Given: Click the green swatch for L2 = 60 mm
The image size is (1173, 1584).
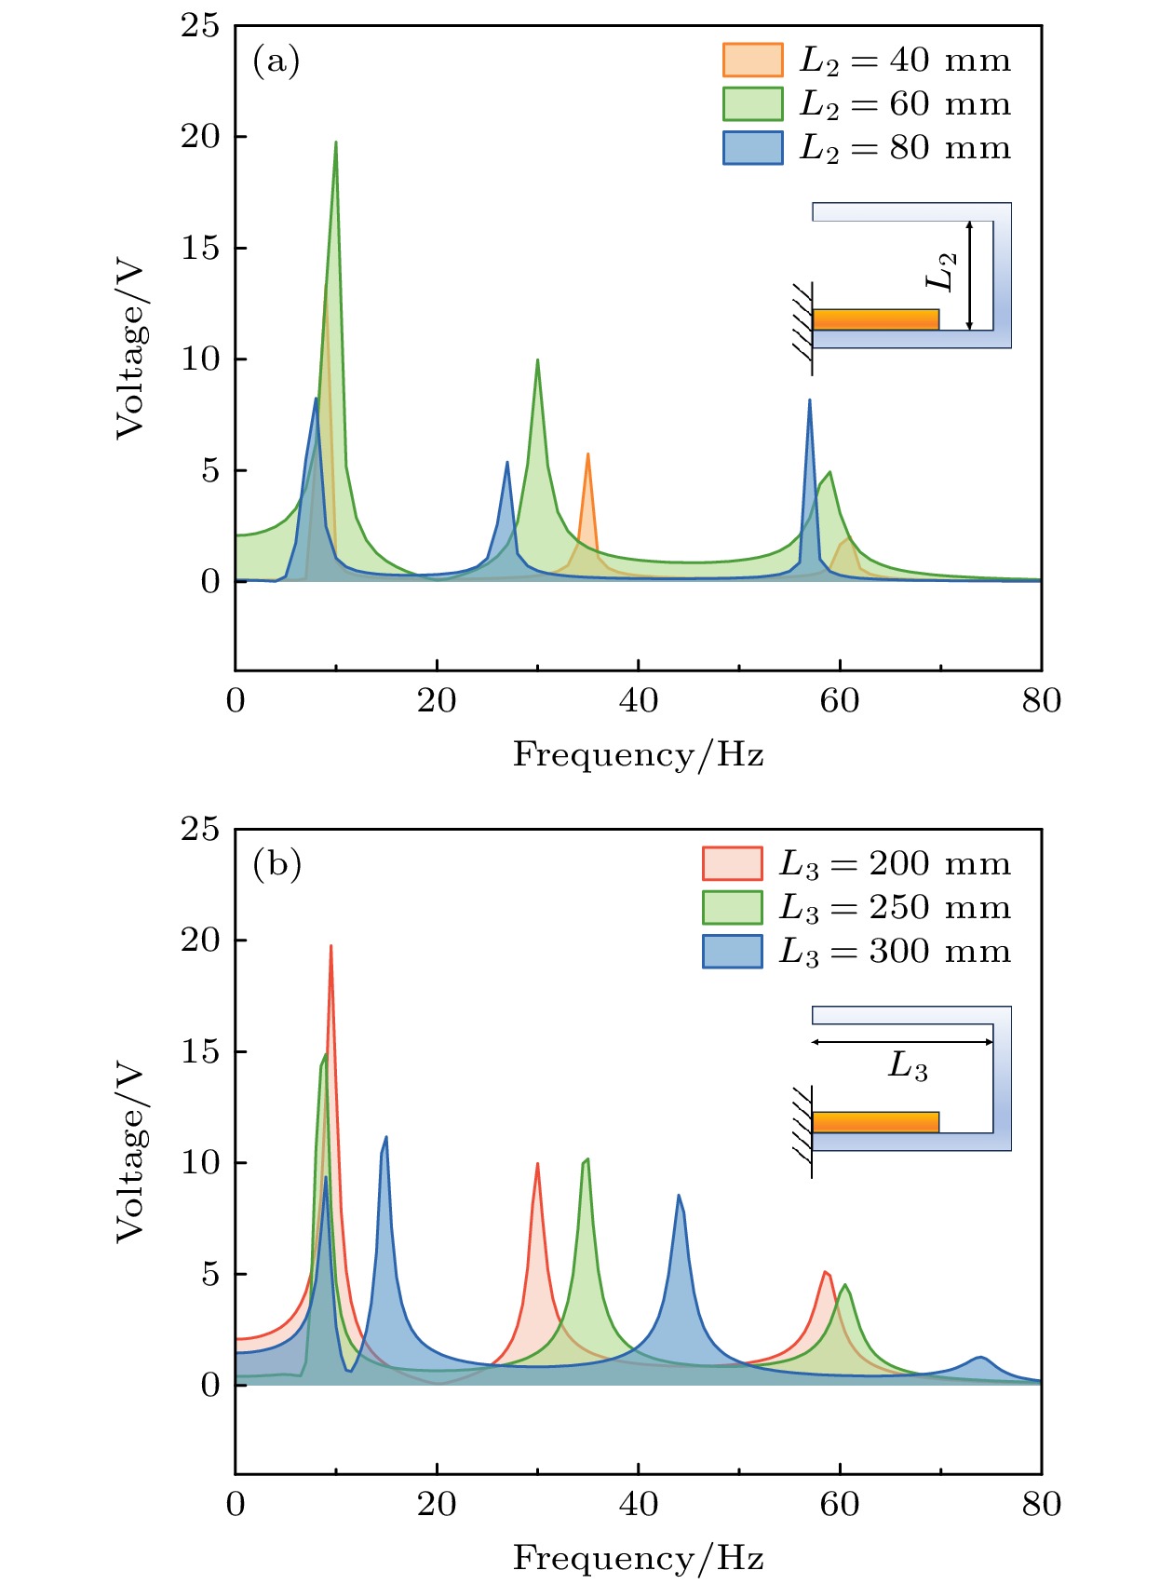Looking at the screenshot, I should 752,104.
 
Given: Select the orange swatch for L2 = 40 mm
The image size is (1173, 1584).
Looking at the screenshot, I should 752,61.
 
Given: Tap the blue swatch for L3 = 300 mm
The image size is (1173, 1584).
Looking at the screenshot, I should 732,952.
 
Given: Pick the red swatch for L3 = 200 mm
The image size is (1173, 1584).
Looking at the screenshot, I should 732,863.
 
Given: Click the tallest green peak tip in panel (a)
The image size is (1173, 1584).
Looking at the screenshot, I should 335,142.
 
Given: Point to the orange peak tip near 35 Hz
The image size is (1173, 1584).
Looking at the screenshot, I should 587,454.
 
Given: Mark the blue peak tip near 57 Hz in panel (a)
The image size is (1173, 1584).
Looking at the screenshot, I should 809,400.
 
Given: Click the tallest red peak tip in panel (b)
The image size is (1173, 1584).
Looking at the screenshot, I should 330,946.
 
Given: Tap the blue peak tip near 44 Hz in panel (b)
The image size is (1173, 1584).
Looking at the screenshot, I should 679,1195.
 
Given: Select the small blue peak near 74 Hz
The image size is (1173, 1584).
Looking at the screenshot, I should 979,1357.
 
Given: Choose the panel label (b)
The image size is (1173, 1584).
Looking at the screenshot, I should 276,865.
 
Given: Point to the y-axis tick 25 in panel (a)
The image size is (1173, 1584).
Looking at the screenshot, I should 200,26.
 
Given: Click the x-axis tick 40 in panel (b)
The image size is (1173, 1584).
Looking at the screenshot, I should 639,1504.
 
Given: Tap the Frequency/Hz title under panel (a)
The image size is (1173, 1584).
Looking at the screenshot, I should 638,754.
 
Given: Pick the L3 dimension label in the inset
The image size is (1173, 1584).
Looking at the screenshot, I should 908,1065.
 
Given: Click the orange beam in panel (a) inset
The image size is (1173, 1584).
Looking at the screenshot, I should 875,319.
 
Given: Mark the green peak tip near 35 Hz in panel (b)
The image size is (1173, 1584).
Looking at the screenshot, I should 587,1159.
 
